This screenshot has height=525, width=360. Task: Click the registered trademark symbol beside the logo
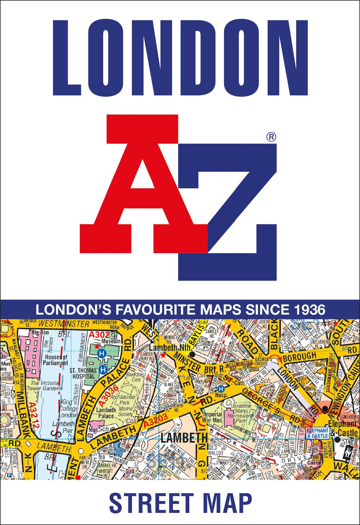(271, 137)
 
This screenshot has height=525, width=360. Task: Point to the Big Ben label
(40, 332)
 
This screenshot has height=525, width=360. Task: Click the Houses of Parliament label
(56, 360)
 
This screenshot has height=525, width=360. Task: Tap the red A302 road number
(99, 335)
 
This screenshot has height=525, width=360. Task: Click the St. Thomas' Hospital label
(83, 373)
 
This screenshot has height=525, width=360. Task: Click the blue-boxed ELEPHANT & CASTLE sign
(317, 433)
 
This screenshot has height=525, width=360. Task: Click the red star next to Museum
(96, 346)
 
